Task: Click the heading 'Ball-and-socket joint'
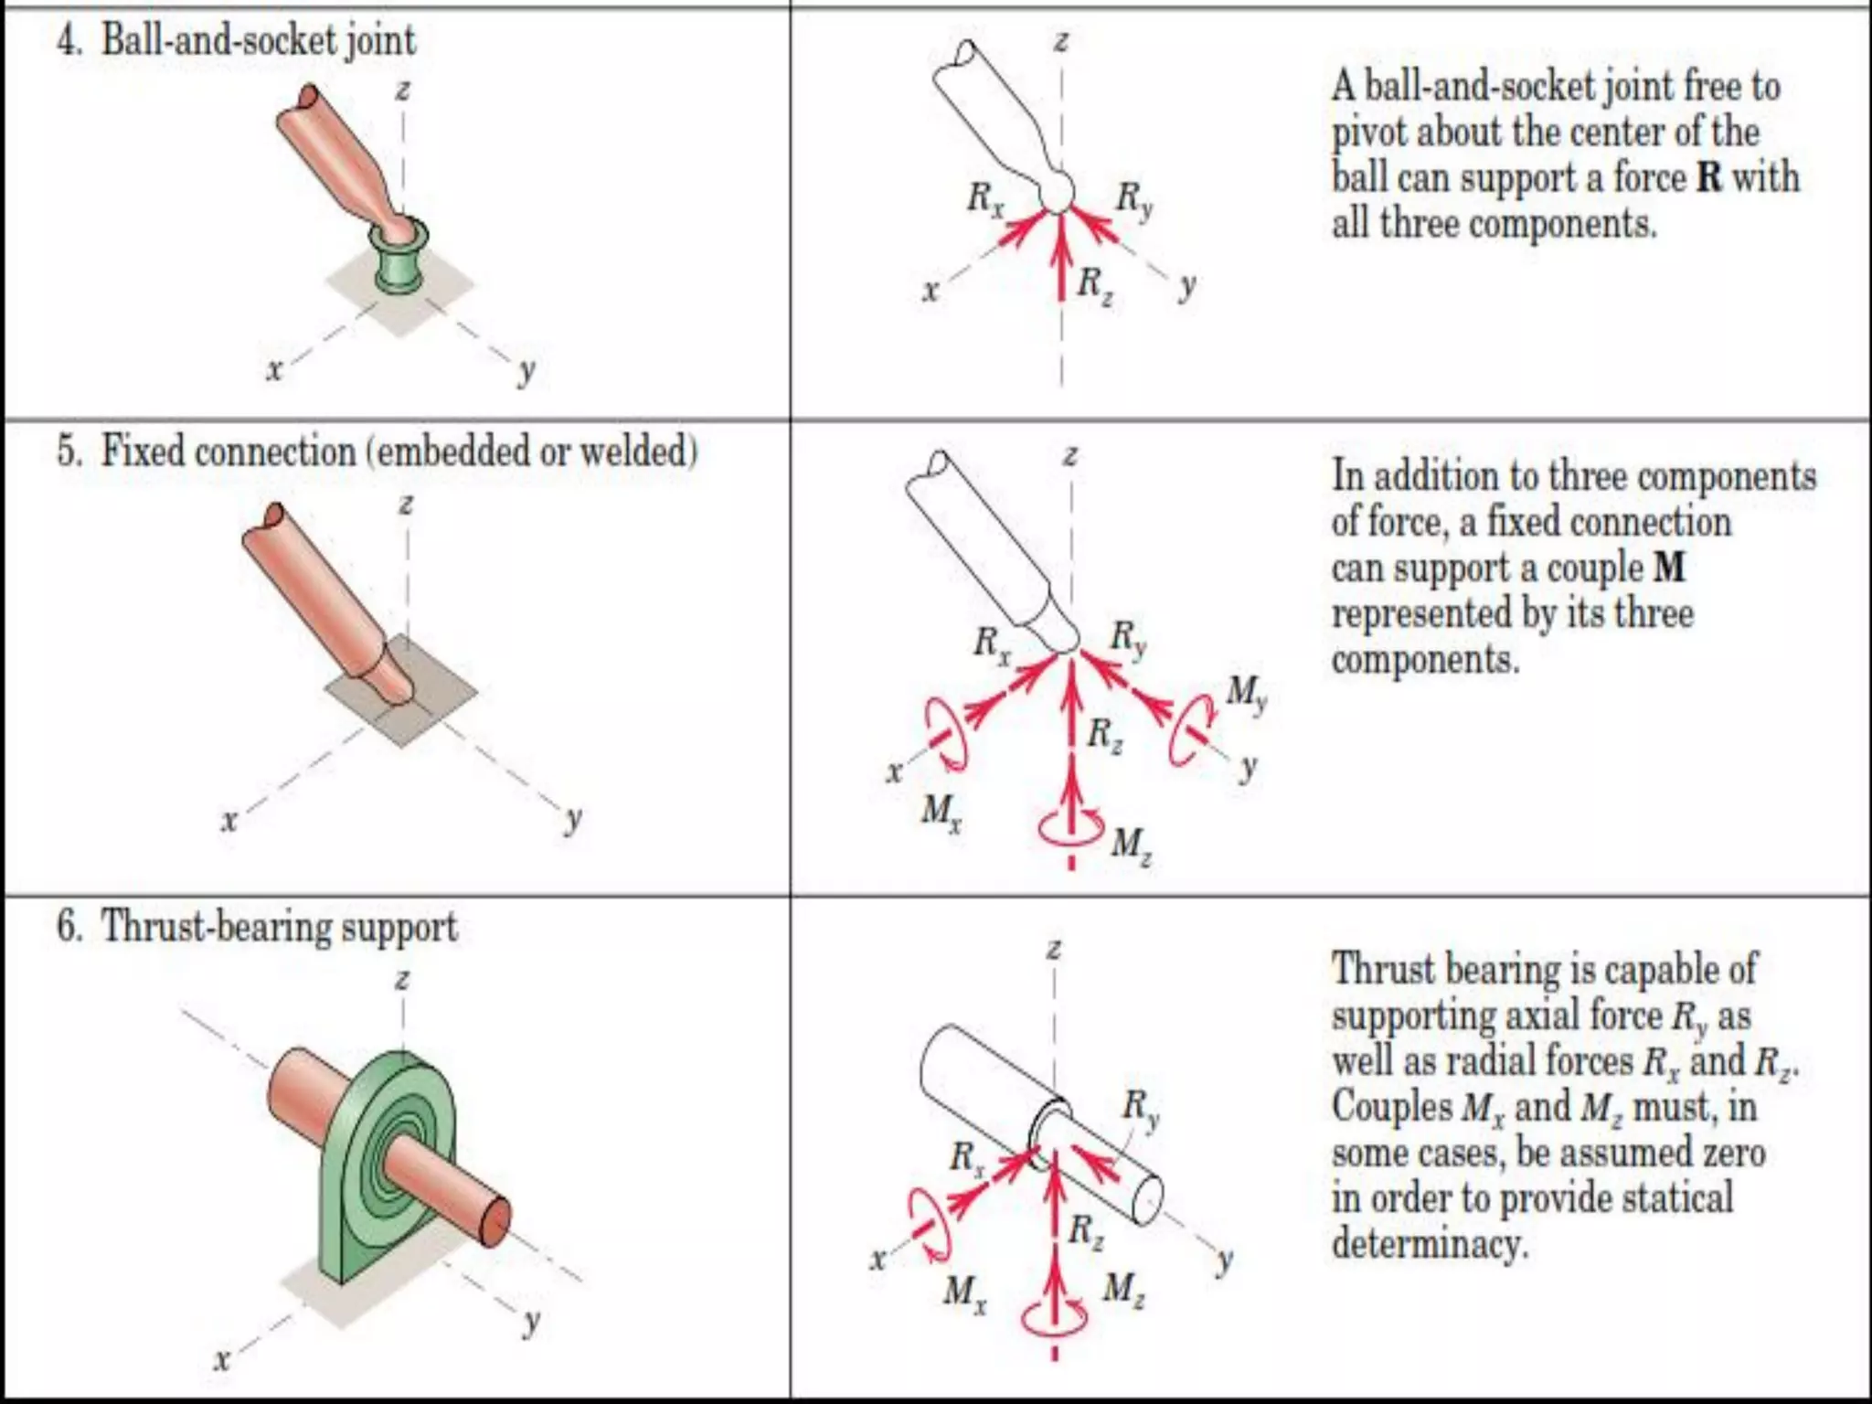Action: click(x=258, y=40)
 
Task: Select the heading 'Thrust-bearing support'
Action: click(x=279, y=927)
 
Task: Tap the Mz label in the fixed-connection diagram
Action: click(x=1131, y=844)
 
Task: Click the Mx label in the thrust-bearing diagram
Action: click(x=964, y=1292)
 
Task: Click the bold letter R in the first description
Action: click(x=1708, y=177)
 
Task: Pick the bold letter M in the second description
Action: click(x=1669, y=568)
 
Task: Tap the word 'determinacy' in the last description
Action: click(x=1429, y=1244)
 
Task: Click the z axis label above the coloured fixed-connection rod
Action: click(x=406, y=504)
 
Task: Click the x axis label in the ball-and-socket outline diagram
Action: click(x=931, y=291)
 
